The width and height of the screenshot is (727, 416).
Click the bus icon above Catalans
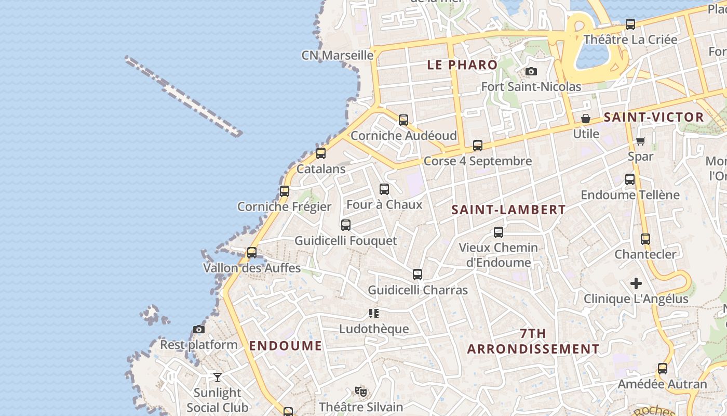(x=321, y=153)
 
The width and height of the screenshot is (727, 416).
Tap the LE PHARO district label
(x=462, y=65)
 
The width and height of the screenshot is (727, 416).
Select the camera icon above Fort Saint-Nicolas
(x=531, y=71)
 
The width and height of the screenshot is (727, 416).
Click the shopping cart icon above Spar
(x=641, y=141)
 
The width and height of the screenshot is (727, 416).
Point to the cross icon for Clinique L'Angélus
(x=636, y=283)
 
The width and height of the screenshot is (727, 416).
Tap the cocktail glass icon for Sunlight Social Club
(x=217, y=377)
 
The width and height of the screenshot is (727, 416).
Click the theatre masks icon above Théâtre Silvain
(x=361, y=391)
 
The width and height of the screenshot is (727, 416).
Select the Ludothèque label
(x=374, y=329)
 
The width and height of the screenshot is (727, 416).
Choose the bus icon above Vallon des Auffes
(x=252, y=253)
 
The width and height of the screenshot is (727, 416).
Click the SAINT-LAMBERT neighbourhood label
(x=508, y=210)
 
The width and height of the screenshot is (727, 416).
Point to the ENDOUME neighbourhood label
(x=286, y=346)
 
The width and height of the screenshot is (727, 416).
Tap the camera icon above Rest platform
(x=198, y=329)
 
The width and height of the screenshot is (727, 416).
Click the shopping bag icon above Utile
(x=586, y=119)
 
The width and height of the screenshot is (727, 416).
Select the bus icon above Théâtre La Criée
(x=630, y=24)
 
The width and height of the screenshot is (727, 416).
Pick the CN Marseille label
(x=338, y=55)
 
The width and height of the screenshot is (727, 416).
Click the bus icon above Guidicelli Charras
(x=418, y=275)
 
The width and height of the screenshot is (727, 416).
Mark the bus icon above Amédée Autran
(x=663, y=369)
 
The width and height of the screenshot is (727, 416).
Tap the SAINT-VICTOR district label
(x=654, y=118)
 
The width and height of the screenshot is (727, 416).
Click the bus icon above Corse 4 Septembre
(x=478, y=146)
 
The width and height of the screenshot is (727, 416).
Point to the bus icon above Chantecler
(x=645, y=239)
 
